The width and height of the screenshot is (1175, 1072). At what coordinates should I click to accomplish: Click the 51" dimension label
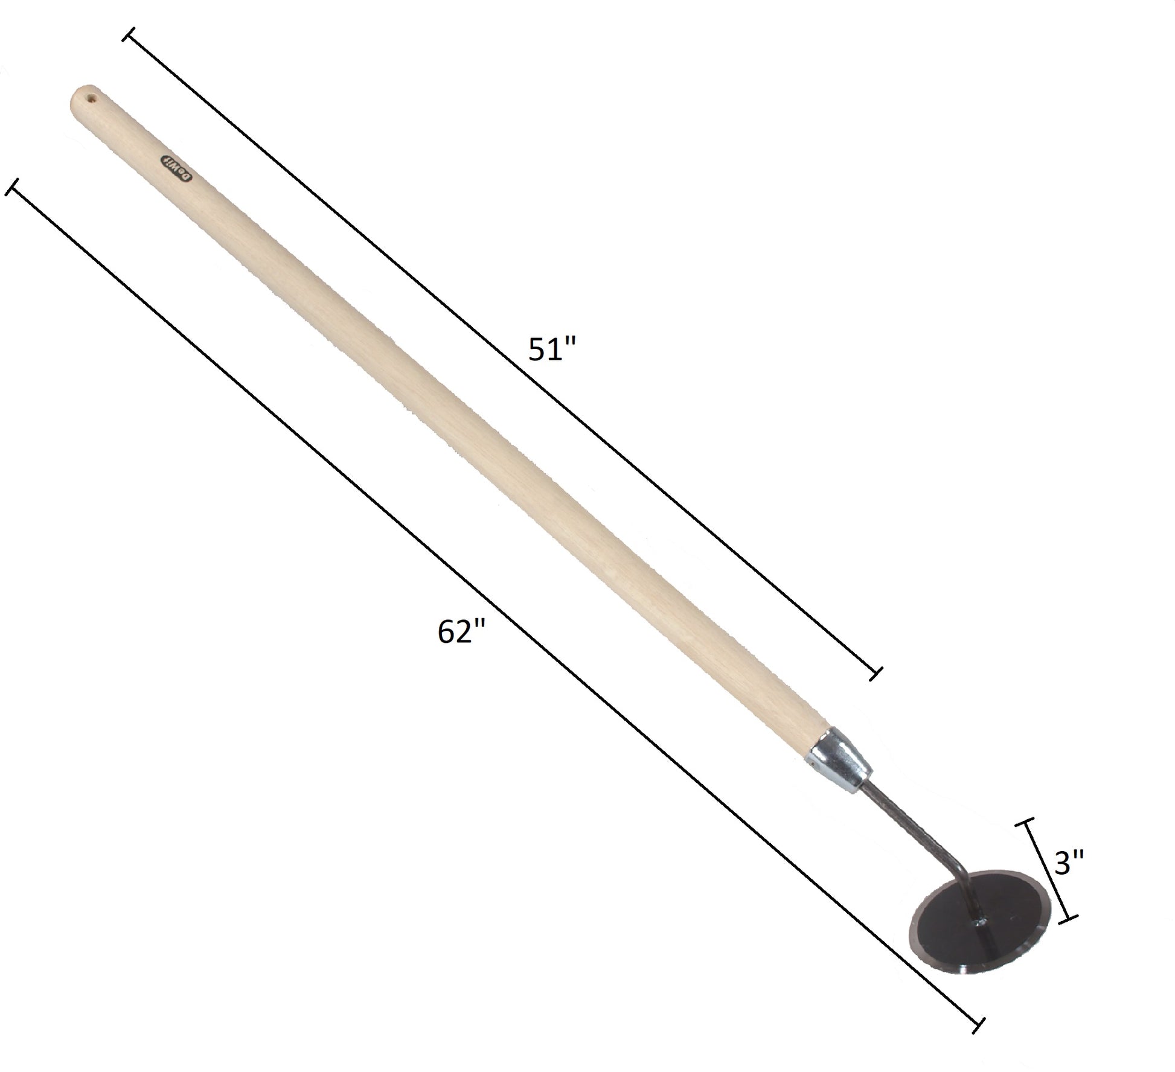pyautogui.click(x=552, y=350)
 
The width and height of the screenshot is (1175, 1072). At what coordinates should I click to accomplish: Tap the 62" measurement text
pyautogui.click(x=462, y=633)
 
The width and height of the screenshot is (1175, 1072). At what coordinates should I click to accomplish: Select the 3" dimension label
pyautogui.click(x=1070, y=864)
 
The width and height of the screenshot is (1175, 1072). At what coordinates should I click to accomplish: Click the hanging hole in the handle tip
pyautogui.click(x=92, y=97)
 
